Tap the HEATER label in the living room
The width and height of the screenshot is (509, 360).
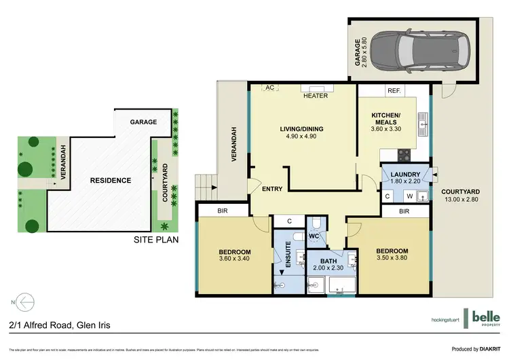(x=316, y=96)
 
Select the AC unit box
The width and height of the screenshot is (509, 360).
(x=269, y=88)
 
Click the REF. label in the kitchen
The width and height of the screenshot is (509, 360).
(x=394, y=90)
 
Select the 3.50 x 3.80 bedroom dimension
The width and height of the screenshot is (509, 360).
(x=395, y=258)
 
